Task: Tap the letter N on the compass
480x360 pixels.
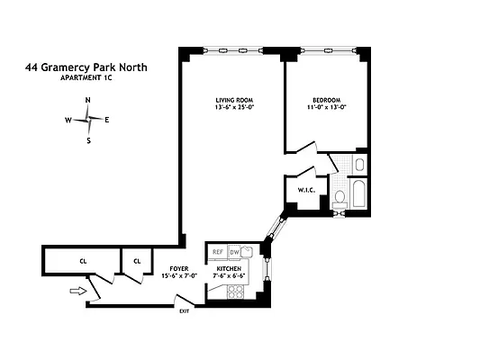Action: pos(87,100)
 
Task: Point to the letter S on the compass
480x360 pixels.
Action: pos(88,140)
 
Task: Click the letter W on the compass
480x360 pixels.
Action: pos(68,120)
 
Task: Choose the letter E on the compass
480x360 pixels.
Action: pos(107,120)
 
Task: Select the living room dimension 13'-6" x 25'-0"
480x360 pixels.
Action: pos(231,108)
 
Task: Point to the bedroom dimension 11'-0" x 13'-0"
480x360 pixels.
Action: pos(326,108)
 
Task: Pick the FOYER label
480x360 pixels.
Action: pos(178,269)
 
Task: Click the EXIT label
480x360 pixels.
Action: pos(184,311)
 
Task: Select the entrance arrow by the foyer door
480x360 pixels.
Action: pos(77,291)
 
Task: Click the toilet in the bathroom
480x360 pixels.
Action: pos(340,199)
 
